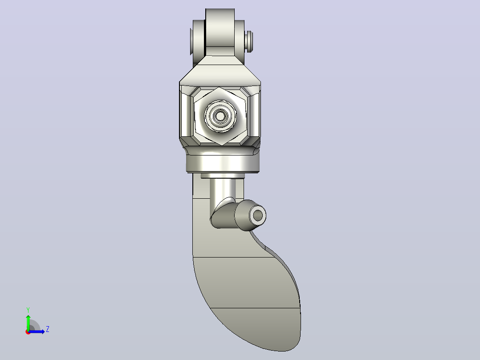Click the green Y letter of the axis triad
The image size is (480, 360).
pos(28,310)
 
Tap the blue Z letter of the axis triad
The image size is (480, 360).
pos(48,329)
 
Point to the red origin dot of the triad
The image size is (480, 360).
pos(28,332)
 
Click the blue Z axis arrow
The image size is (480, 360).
pos(37,331)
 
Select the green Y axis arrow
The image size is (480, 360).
pos(28,322)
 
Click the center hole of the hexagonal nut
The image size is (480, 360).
pos(220,116)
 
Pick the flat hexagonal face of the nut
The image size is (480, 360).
pos(220,116)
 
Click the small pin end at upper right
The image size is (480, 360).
pos(249,41)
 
